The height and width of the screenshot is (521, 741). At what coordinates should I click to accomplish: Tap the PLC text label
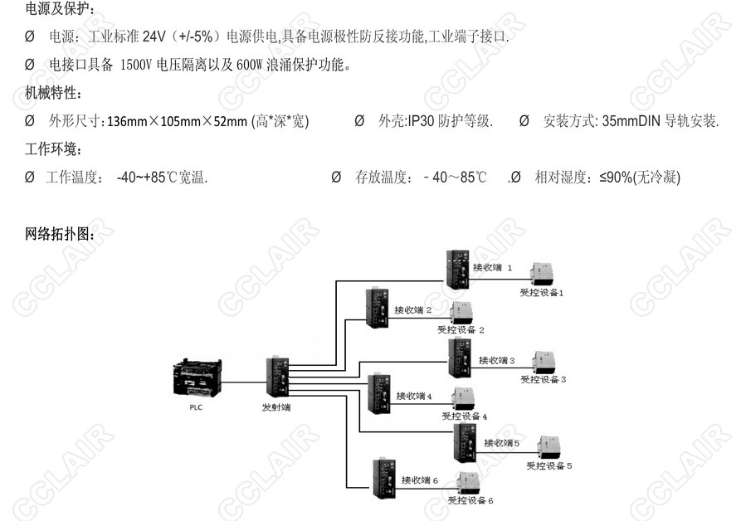[x=197, y=407]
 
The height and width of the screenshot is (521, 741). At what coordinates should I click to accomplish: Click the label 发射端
[x=276, y=407]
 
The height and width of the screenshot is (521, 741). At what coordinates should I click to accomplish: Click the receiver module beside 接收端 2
[x=377, y=308]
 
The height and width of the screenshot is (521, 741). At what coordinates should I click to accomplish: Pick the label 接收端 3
[x=496, y=360]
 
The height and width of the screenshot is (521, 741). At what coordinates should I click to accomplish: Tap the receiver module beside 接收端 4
[x=378, y=393]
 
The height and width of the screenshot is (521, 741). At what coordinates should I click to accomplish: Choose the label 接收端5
[x=501, y=443]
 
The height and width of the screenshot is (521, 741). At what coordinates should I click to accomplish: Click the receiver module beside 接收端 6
[x=383, y=479]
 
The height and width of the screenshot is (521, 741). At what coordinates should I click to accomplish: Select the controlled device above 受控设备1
[x=543, y=273]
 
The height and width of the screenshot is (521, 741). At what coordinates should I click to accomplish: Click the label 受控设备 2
[x=461, y=329]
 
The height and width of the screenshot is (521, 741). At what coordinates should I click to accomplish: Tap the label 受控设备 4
[x=464, y=416]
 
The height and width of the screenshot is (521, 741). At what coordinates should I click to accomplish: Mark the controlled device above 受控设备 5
[x=548, y=447]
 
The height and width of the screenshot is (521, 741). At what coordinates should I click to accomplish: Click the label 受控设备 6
[x=470, y=500]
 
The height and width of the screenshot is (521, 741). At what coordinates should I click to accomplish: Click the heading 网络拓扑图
[x=60, y=235]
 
